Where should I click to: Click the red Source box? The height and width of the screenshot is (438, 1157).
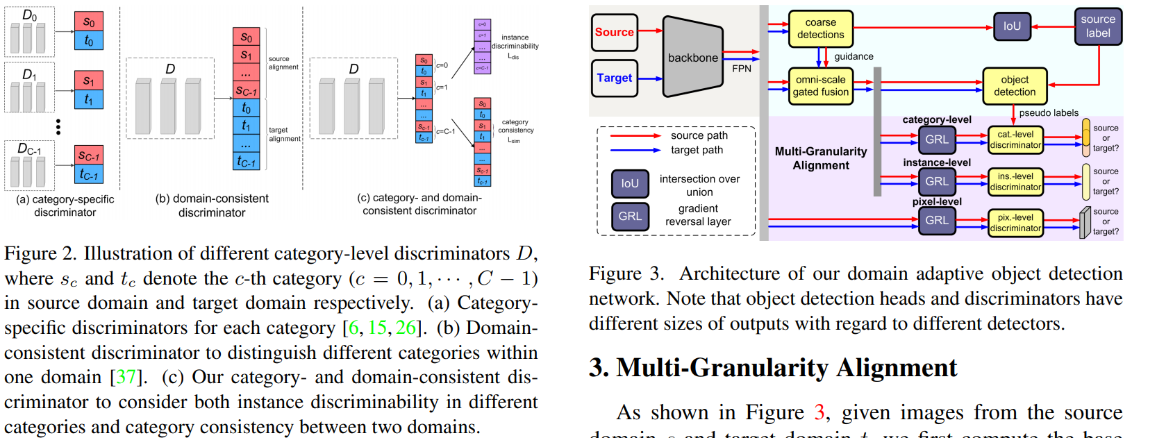(614, 32)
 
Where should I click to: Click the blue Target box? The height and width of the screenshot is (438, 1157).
(614, 78)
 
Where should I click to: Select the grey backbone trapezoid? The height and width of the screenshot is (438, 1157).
(692, 57)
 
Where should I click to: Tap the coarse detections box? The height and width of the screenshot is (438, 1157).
(820, 28)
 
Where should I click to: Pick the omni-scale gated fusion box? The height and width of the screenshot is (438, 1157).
(820, 85)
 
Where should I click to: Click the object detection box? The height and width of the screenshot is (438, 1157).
(1014, 85)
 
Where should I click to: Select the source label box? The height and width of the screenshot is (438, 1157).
(1097, 26)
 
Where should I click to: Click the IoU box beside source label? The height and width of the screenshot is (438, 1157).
(1012, 26)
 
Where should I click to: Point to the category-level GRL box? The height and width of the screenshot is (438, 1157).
(936, 140)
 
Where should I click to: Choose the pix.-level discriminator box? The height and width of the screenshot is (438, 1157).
(1015, 223)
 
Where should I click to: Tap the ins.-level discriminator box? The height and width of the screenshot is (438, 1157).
(1015, 181)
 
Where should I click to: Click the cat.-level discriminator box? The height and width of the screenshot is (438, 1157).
(1015, 140)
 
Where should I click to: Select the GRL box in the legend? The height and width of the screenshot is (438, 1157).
(630, 216)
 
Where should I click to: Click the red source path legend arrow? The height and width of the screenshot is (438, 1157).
(635, 136)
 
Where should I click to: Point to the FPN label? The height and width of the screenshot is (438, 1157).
(741, 69)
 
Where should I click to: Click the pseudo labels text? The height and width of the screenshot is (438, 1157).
(1049, 113)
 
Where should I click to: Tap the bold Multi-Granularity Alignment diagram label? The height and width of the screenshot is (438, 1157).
(821, 158)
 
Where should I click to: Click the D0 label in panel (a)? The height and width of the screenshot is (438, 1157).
(30, 15)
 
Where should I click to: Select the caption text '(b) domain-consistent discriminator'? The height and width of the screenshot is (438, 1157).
(212, 205)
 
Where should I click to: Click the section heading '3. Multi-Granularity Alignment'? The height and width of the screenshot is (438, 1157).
(773, 367)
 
